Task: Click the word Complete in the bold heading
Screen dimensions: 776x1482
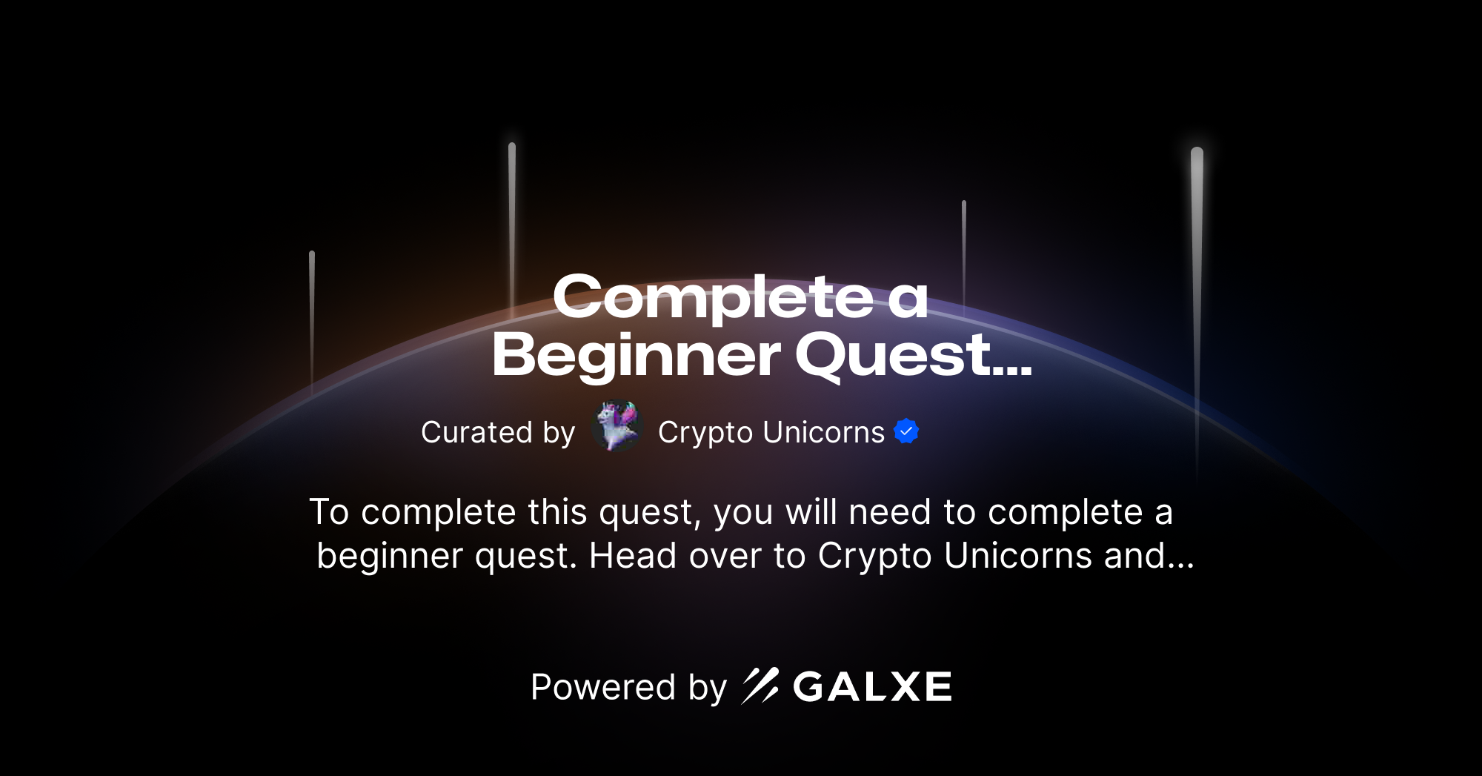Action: tap(713, 297)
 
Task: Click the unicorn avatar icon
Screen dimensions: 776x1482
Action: tap(617, 427)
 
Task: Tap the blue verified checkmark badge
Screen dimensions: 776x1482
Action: tap(906, 431)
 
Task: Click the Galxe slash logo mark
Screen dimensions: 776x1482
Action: tap(760, 686)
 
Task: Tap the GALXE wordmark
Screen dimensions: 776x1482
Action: tap(872, 687)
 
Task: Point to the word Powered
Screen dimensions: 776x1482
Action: tap(603, 687)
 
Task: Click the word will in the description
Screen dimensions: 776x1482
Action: tap(811, 512)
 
